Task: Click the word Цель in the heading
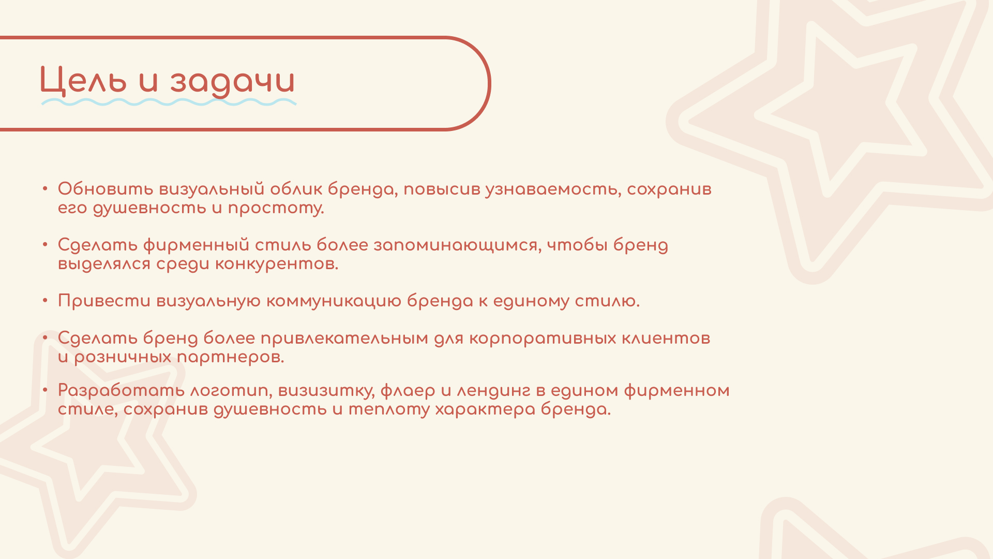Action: click(x=83, y=81)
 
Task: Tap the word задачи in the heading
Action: click(x=232, y=82)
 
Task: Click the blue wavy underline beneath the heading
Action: click(x=169, y=102)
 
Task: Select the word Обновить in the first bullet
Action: click(x=106, y=189)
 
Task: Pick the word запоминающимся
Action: click(x=457, y=245)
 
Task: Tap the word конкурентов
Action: click(x=276, y=264)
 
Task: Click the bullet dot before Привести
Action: click(x=46, y=300)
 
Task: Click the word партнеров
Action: click(x=230, y=357)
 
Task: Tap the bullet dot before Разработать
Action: click(x=46, y=390)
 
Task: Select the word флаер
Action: click(x=408, y=391)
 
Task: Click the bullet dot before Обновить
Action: click(x=46, y=188)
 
